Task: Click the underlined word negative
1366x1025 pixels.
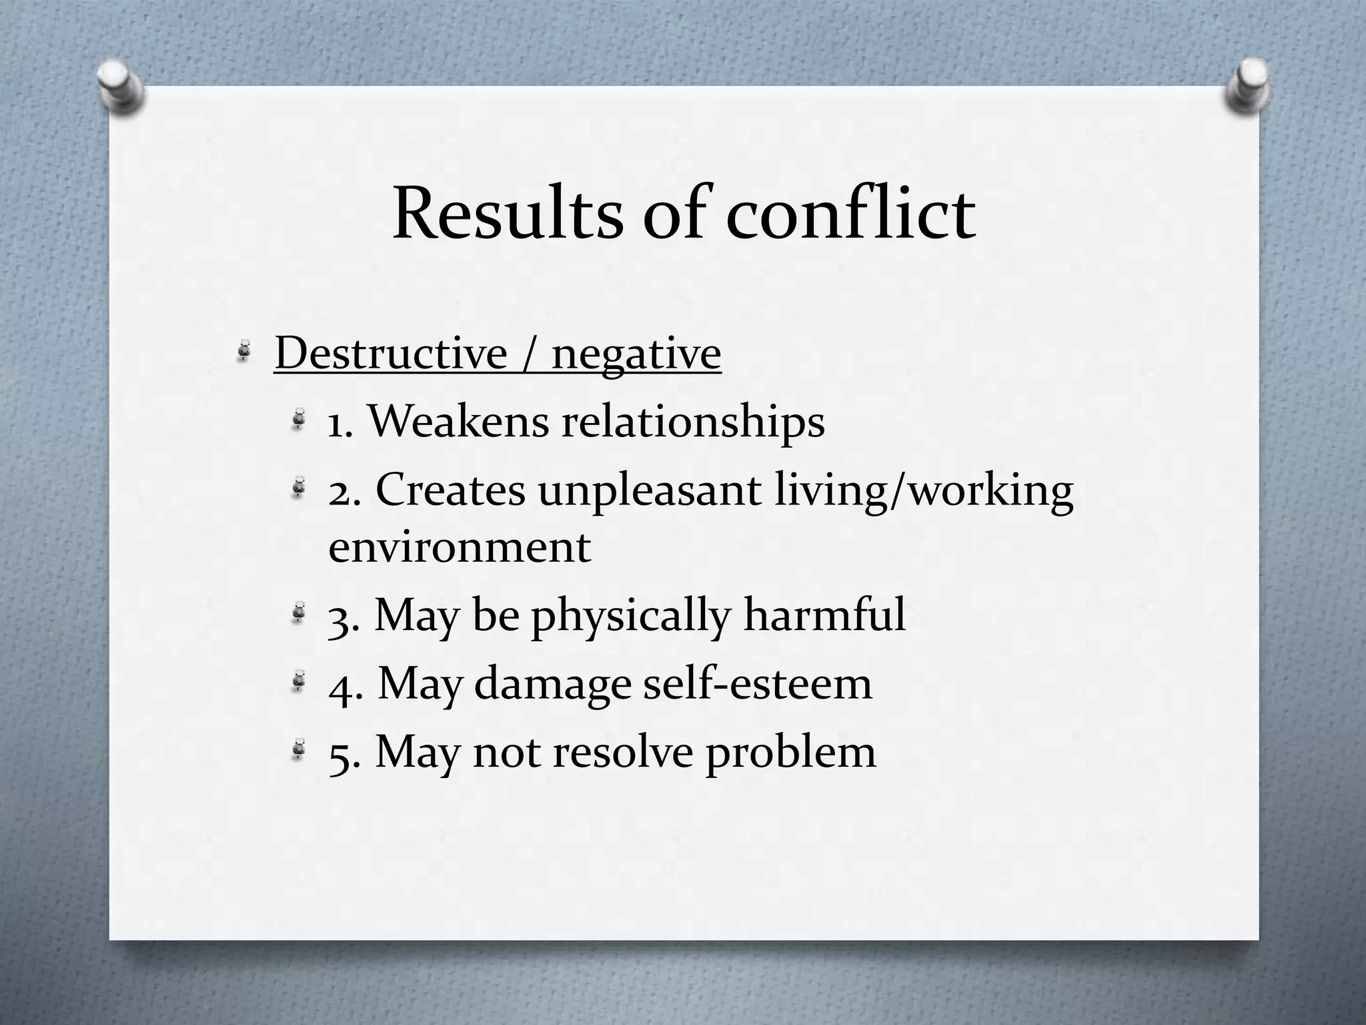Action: [636, 354]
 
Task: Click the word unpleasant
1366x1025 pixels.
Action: [650, 492]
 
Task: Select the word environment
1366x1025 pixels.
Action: [460, 547]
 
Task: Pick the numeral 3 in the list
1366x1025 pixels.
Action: [340, 617]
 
